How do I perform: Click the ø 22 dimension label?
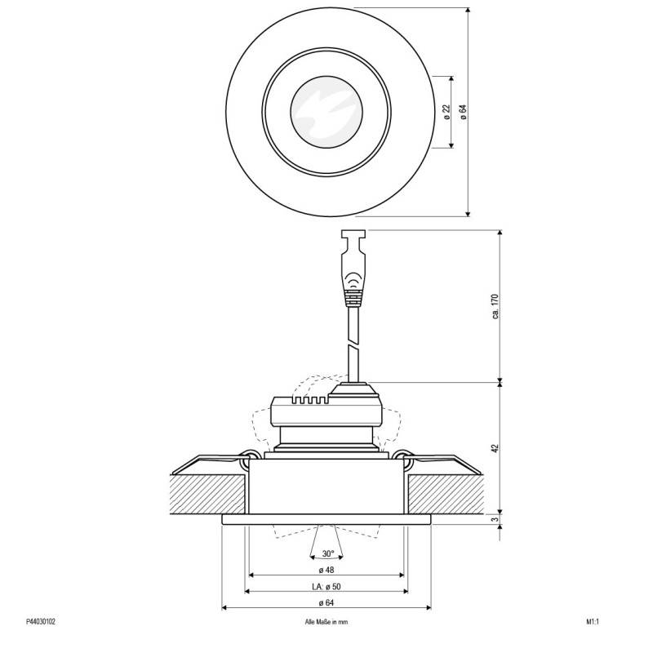[x=446, y=113]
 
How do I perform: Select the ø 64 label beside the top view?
[x=463, y=113]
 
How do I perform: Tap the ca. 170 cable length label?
[x=495, y=306]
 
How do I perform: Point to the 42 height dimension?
[x=495, y=448]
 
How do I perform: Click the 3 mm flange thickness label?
[x=495, y=519]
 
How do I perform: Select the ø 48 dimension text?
[x=326, y=569]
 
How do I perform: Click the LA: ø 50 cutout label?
[x=326, y=586]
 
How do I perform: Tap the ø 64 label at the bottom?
[x=326, y=603]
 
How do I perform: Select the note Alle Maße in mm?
[x=326, y=621]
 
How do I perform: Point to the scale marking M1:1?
[x=593, y=621]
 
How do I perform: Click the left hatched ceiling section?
[x=204, y=493]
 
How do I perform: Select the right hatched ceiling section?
[x=449, y=493]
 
